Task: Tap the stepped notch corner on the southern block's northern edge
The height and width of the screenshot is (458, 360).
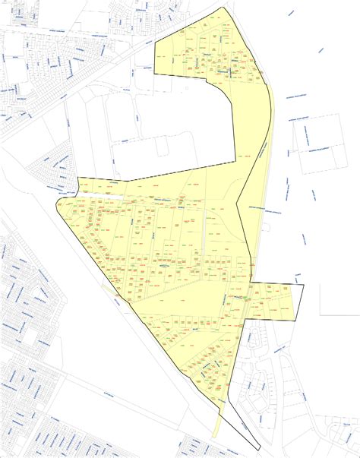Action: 78,180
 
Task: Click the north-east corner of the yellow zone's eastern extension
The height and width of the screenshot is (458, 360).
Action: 303,285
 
